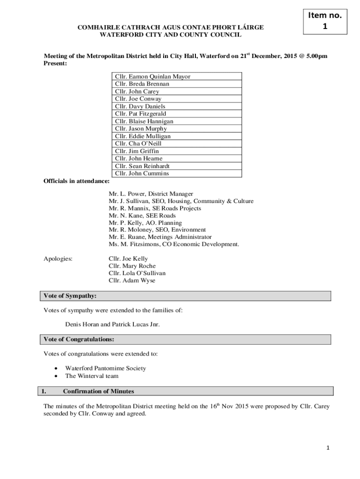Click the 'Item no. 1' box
click(x=325, y=21)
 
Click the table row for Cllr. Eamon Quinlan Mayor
click(x=178, y=76)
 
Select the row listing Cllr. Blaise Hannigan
click(x=178, y=121)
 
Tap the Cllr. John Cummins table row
click(x=178, y=174)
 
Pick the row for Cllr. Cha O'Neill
click(x=178, y=144)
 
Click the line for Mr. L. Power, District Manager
click(x=151, y=194)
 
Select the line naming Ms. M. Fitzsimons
click(x=173, y=244)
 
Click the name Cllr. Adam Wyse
click(x=132, y=281)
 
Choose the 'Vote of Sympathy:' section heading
click(x=70, y=296)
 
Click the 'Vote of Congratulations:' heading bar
click(x=79, y=339)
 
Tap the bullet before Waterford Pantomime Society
click(x=56, y=369)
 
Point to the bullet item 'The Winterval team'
click(x=92, y=376)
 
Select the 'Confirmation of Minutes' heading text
click(x=98, y=391)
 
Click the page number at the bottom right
click(x=328, y=448)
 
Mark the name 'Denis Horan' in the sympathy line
click(x=81, y=325)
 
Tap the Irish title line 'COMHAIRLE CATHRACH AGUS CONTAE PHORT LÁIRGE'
click(x=170, y=28)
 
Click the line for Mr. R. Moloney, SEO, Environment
click(x=157, y=230)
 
